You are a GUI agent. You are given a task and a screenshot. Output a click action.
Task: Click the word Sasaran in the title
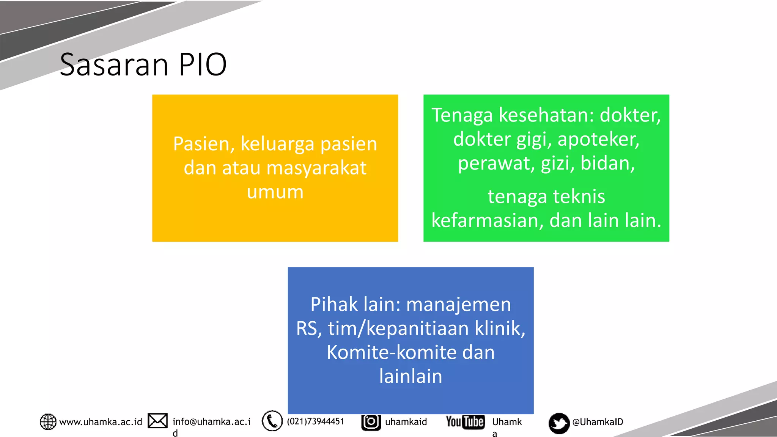coord(114,64)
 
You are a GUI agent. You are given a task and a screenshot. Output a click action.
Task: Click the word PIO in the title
coord(203,64)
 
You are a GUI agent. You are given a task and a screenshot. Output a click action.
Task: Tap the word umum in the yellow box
coord(275,192)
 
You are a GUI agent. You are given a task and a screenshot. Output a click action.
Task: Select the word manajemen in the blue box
coord(459,305)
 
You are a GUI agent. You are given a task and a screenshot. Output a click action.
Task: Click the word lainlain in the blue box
coord(411,376)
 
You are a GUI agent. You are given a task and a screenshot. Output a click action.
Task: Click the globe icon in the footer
coord(48,422)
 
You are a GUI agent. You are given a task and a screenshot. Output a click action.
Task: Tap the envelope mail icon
coord(157,421)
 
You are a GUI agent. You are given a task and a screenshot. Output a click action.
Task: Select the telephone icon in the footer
coord(272,421)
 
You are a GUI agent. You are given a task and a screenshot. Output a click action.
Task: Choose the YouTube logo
coord(465,422)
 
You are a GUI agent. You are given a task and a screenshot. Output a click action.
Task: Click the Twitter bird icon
coord(559,423)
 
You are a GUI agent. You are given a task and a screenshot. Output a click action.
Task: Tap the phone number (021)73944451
coord(315,421)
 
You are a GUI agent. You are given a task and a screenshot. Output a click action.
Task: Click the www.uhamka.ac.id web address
coord(101,422)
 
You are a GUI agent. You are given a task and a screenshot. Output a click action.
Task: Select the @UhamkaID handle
coord(598,422)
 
